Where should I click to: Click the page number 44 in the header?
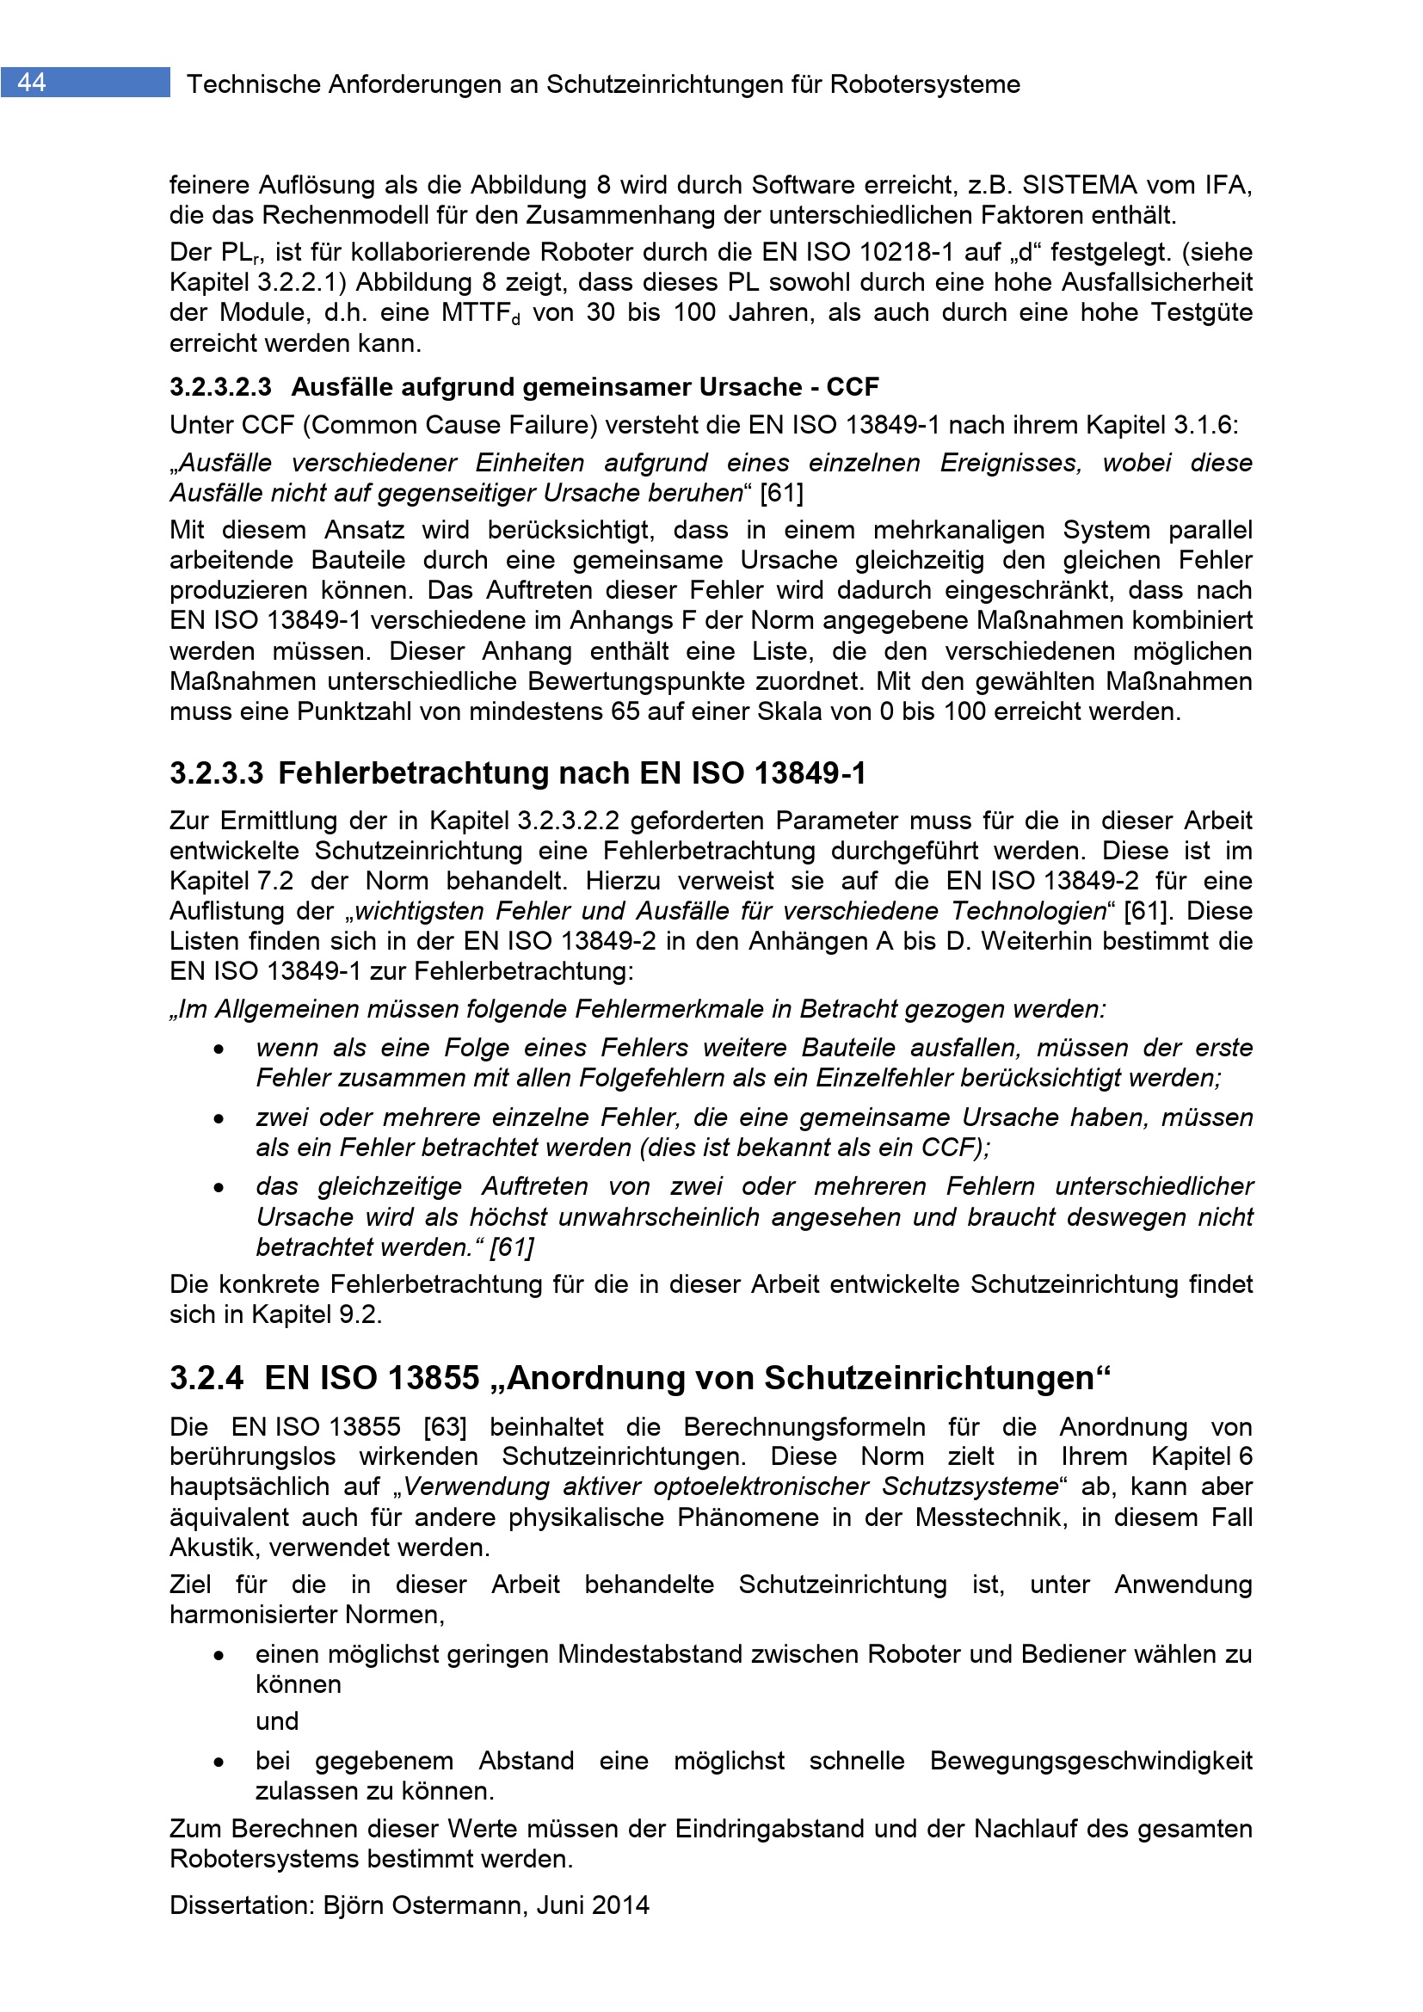(x=32, y=83)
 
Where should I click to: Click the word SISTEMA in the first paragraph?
(x=1080, y=185)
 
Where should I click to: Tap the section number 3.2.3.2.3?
(x=221, y=386)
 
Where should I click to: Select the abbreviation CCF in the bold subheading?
(x=852, y=386)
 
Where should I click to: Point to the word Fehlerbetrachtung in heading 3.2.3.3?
(x=453, y=773)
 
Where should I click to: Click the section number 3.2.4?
(x=206, y=1377)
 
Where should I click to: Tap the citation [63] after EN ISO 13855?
(x=444, y=1426)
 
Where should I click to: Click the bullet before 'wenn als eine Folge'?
(x=219, y=1049)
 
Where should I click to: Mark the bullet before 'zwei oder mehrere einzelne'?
(x=219, y=1119)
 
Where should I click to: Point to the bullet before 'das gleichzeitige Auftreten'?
(x=219, y=1188)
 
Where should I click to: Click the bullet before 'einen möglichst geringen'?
(x=219, y=1656)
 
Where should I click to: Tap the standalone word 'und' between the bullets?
(x=277, y=1722)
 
